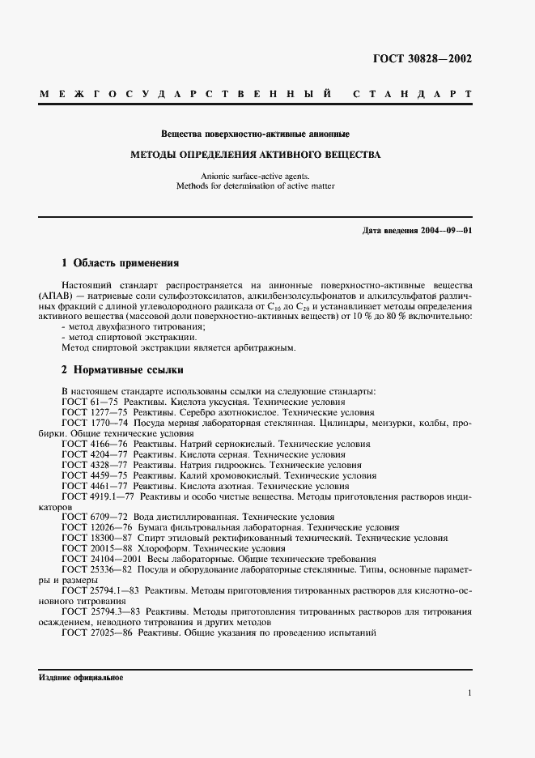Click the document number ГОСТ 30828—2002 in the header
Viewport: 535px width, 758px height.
pos(422,58)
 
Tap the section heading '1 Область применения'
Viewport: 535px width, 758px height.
pos(121,263)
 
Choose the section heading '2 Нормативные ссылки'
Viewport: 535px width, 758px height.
pos(122,370)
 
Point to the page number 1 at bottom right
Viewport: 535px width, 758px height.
pos(469,693)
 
